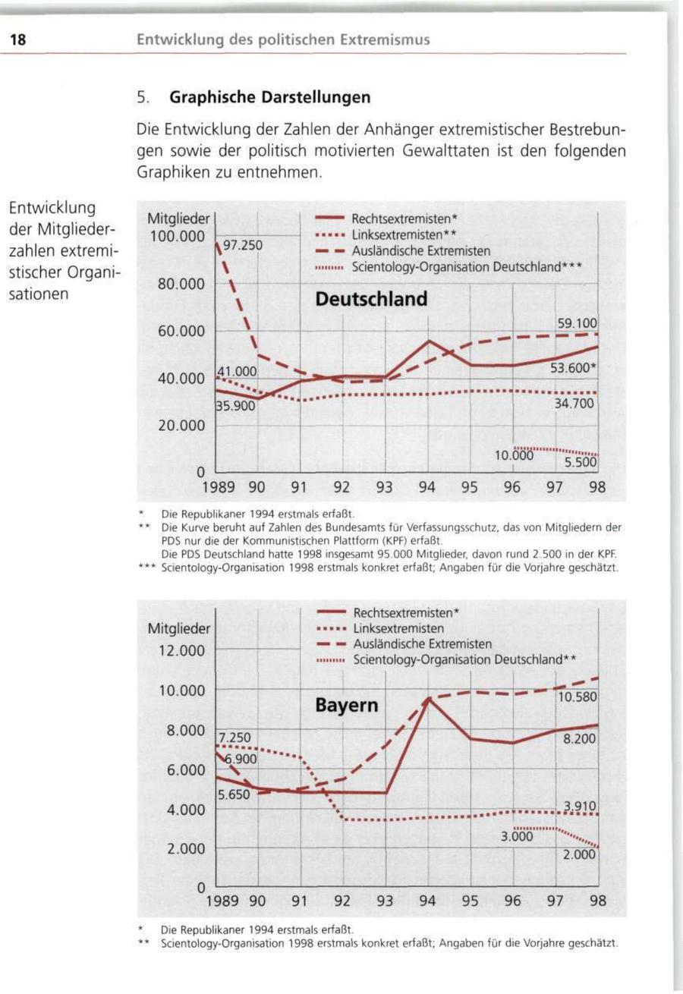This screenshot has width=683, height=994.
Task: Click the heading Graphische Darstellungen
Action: click(270, 98)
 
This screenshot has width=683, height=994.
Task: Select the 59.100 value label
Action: click(578, 323)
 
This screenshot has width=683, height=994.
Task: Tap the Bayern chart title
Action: click(346, 706)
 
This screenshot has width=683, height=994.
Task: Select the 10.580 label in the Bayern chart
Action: click(578, 697)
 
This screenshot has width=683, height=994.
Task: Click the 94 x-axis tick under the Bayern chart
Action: click(426, 902)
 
